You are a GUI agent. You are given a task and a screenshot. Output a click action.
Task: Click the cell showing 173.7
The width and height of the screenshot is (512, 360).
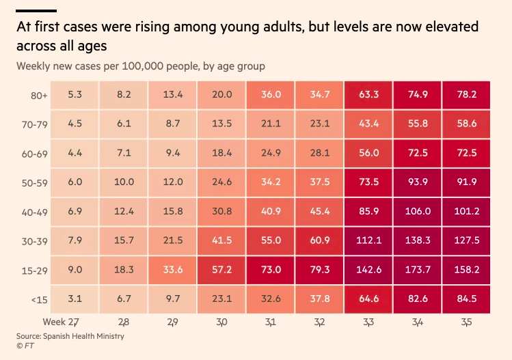(x=417, y=269)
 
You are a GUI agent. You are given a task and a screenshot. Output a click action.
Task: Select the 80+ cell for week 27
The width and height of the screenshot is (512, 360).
(x=75, y=94)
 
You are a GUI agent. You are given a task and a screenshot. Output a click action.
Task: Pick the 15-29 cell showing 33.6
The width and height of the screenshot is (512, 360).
(x=173, y=269)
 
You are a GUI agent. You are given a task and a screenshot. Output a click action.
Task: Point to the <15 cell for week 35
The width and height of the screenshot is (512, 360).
(x=466, y=299)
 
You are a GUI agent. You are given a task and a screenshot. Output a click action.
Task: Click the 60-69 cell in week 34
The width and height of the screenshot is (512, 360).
(x=417, y=153)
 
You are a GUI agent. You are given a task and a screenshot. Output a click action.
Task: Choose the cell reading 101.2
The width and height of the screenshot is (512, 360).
(x=466, y=211)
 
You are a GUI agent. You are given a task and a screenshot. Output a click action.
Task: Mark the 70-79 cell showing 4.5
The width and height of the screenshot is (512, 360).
(x=75, y=124)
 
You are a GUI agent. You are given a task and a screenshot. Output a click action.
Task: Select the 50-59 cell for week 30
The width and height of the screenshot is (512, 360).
(x=222, y=182)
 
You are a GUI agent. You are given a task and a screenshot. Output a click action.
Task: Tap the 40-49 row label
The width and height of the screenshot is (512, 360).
(x=34, y=212)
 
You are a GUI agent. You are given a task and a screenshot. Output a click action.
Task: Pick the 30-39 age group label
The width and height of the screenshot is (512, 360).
(x=34, y=241)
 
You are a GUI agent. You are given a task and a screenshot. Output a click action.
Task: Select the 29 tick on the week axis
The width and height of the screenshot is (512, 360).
(x=173, y=321)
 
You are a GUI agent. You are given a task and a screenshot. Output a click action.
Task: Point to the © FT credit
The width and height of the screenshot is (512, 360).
(x=25, y=346)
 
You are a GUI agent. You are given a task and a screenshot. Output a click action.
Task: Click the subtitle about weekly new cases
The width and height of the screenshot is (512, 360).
(x=141, y=66)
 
